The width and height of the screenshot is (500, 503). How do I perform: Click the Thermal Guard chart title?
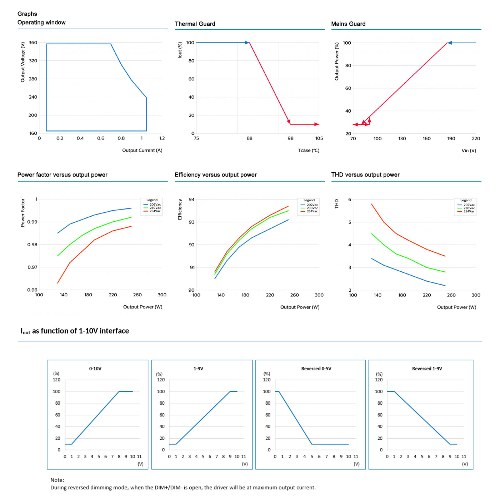(195, 24)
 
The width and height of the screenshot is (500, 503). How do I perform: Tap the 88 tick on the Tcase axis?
(250, 138)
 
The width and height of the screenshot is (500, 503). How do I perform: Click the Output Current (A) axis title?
(142, 151)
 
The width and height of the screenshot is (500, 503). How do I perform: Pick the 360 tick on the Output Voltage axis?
(33, 43)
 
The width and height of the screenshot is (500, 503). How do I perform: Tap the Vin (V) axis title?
(469, 151)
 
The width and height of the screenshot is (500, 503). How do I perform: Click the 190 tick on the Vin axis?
(451, 139)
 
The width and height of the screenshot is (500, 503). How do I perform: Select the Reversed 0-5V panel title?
(316, 369)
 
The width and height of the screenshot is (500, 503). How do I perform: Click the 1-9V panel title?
(198, 369)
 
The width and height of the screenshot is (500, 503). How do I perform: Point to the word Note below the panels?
(57, 480)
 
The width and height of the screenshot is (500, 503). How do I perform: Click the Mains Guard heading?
(348, 24)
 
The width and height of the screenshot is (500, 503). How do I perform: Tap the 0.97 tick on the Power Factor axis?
(32, 267)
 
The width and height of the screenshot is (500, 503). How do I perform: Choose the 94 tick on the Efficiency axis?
(192, 199)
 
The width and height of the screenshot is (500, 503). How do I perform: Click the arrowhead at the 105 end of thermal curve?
(317, 124)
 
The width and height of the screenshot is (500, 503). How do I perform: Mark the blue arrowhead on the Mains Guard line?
(450, 43)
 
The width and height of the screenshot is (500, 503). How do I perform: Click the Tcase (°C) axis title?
(309, 151)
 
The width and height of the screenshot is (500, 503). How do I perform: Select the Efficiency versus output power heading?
(215, 175)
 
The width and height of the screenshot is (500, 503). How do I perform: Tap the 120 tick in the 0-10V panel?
(57, 380)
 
